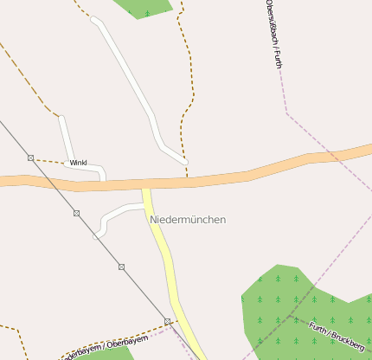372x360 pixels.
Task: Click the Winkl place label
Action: tap(79, 163)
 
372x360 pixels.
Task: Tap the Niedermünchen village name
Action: tap(188, 220)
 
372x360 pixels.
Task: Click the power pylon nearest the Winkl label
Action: tap(31, 157)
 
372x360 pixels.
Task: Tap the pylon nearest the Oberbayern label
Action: tap(167, 321)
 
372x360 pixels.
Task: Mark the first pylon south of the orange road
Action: tap(76, 213)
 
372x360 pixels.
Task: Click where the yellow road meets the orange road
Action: tap(145, 184)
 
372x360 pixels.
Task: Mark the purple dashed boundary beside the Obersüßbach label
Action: tap(282, 87)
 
